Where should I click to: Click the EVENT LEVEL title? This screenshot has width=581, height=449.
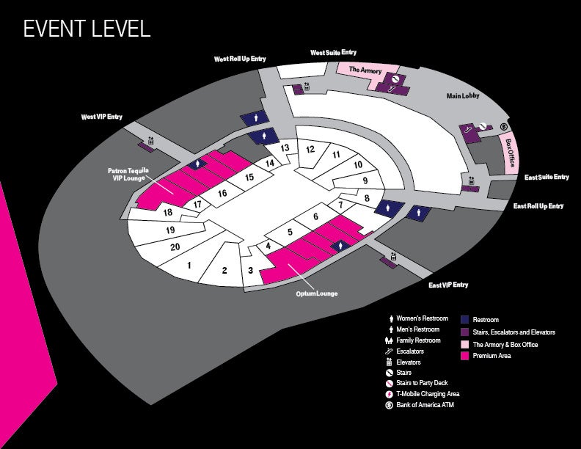coord(87,29)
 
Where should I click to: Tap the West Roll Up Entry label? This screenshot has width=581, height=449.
coord(240,59)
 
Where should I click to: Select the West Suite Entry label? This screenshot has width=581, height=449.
coord(333,53)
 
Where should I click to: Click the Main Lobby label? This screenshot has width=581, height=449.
coord(463,95)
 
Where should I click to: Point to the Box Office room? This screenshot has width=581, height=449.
coord(509,153)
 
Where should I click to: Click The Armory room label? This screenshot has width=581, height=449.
coord(365,70)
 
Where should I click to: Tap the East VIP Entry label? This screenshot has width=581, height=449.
coord(448,285)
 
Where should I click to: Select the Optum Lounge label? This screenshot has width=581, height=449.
coord(316,293)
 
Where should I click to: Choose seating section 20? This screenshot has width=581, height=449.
coord(175,247)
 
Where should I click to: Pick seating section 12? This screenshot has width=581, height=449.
coord(310,149)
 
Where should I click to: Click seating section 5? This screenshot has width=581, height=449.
coord(290,232)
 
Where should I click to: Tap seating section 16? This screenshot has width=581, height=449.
coord(222,193)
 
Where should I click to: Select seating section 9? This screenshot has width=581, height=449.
coord(365,180)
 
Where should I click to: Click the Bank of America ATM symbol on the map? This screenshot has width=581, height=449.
coord(503,127)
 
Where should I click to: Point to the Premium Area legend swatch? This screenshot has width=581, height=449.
coord(464,356)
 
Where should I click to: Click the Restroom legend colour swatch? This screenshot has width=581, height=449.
coord(464,320)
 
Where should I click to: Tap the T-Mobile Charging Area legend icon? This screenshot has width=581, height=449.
coord(389,394)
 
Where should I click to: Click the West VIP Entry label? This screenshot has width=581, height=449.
coord(101,117)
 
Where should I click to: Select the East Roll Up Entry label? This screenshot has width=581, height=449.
coord(538,206)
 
